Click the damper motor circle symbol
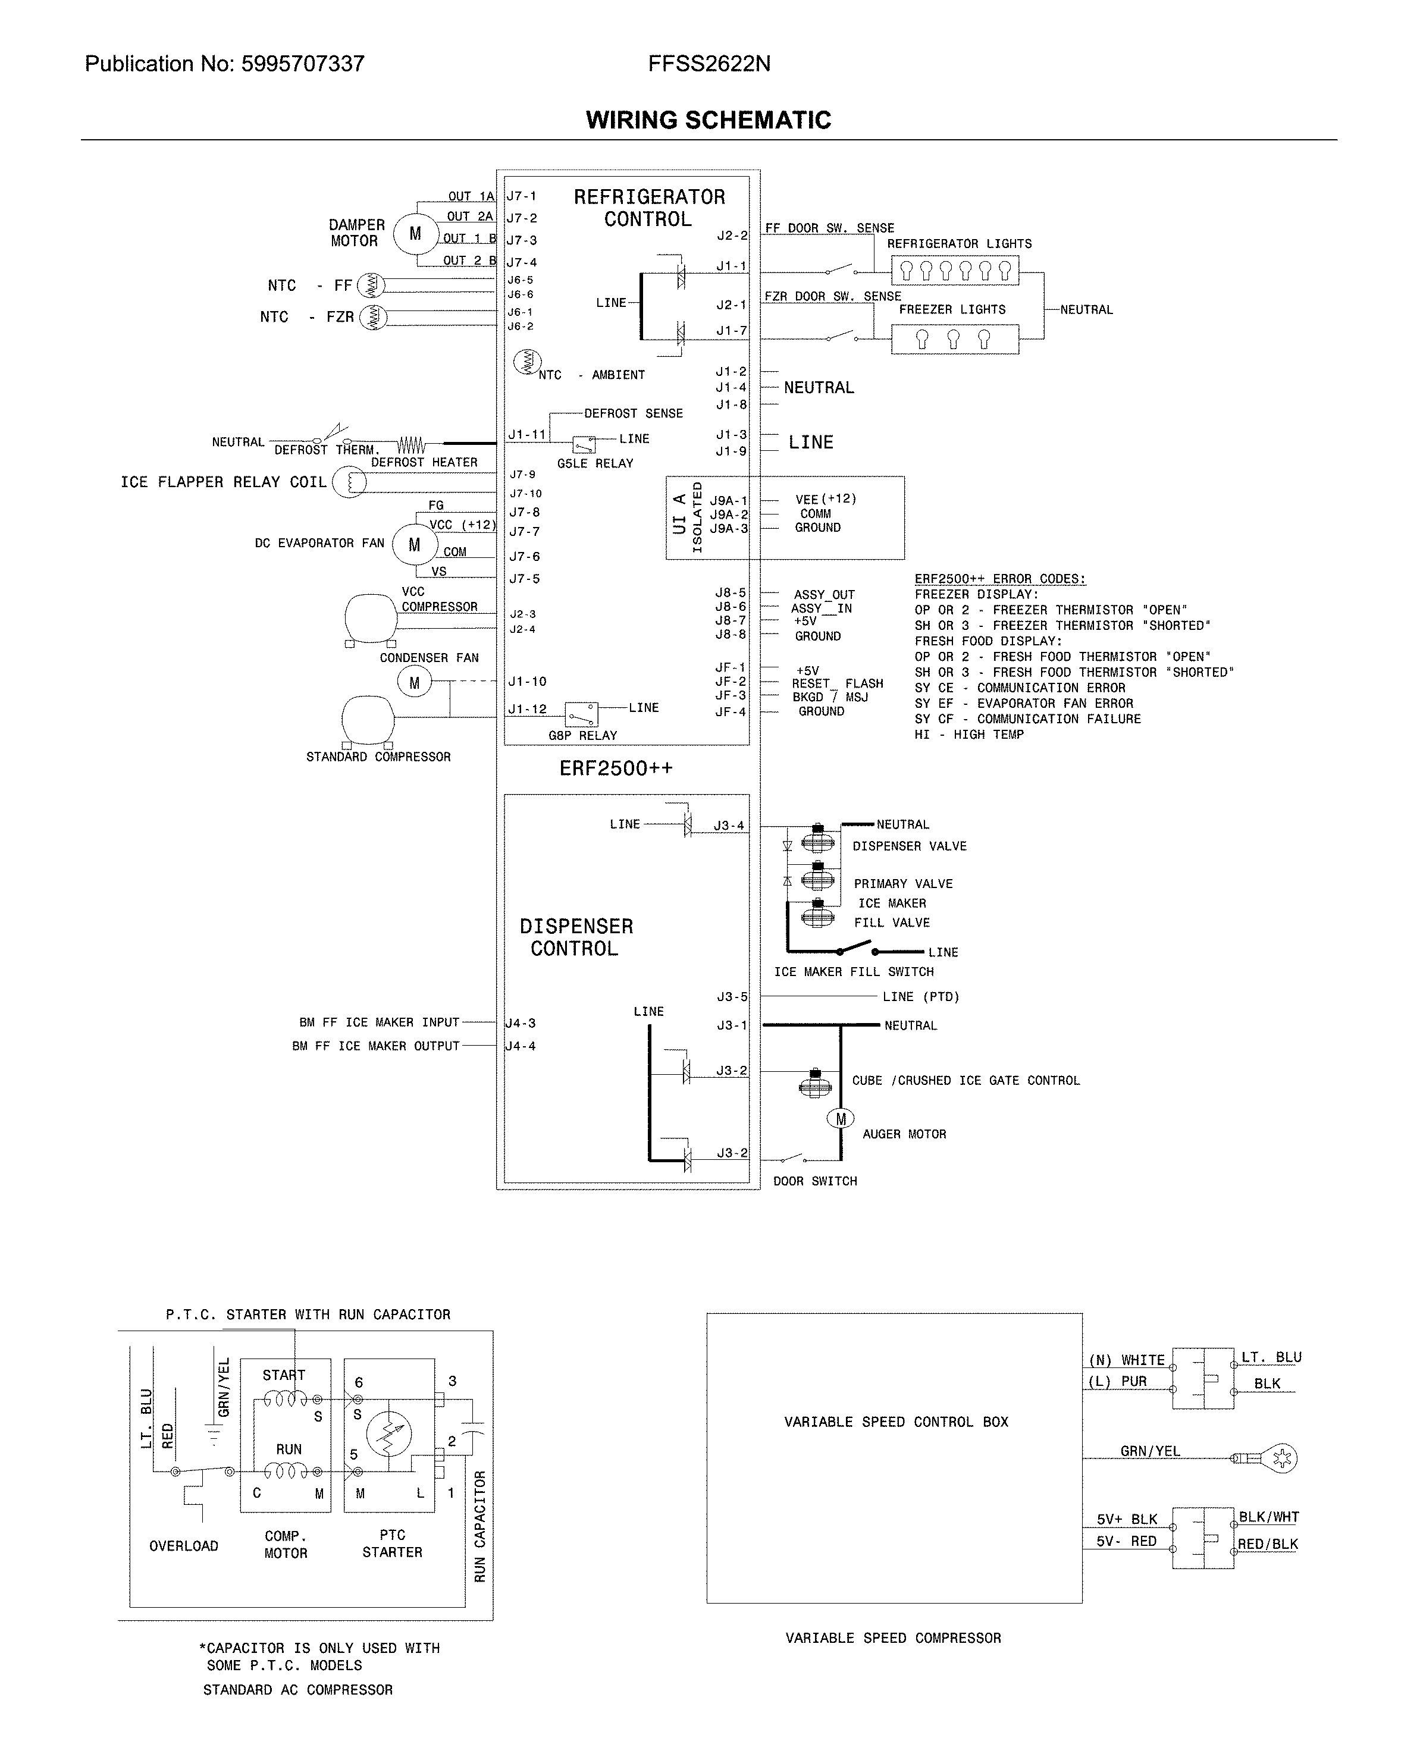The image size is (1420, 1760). [x=415, y=234]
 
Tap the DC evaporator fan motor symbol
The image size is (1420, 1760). [x=414, y=545]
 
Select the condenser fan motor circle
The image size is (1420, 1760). [x=414, y=682]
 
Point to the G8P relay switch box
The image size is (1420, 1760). [x=582, y=714]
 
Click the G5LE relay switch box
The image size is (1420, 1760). [x=584, y=445]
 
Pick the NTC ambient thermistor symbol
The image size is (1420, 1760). [x=527, y=360]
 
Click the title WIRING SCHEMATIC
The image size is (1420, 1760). [x=709, y=120]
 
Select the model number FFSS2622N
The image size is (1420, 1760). [x=709, y=64]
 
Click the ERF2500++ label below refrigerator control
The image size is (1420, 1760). [x=616, y=768]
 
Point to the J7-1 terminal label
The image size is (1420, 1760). [x=522, y=196]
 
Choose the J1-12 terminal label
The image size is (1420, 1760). [x=527, y=709]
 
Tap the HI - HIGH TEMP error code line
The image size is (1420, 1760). [x=968, y=735]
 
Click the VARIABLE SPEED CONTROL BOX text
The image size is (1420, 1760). [x=896, y=1422]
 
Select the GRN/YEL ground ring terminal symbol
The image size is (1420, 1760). [x=1278, y=1457]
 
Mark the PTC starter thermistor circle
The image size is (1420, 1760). [x=388, y=1435]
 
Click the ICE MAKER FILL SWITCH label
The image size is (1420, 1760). [x=853, y=972]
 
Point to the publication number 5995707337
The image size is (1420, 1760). [x=303, y=64]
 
